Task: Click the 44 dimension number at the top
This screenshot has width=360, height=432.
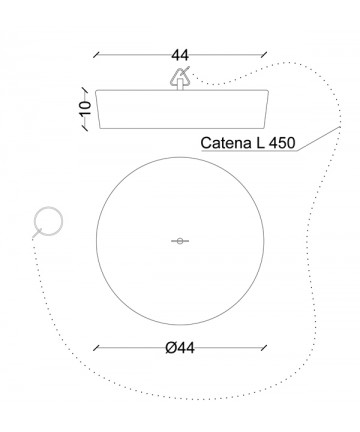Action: pyautogui.click(x=180, y=55)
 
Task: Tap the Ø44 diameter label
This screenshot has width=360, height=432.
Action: pyautogui.click(x=180, y=348)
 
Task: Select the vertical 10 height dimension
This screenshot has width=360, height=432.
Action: pyautogui.click(x=86, y=108)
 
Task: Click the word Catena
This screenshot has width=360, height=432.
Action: pyautogui.click(x=226, y=143)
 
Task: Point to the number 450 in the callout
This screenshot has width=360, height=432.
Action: pyautogui.click(x=282, y=143)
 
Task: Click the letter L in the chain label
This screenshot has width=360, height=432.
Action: pyautogui.click(x=260, y=143)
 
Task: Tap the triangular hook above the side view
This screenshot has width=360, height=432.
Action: pyautogui.click(x=180, y=76)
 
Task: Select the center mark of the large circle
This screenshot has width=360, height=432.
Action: pyautogui.click(x=180, y=241)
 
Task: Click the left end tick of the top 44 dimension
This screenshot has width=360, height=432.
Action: pyautogui.click(x=97, y=55)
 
